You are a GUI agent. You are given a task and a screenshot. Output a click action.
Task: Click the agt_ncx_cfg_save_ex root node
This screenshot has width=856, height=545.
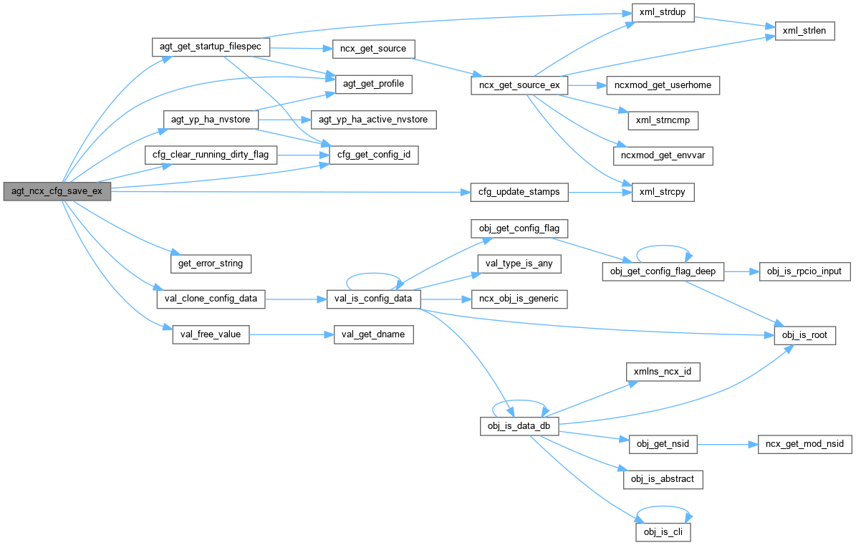[57, 192]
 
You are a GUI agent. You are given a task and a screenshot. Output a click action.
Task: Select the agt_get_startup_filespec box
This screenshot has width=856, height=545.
[211, 48]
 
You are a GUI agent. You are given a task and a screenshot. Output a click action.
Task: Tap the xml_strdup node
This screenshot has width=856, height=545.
[662, 15]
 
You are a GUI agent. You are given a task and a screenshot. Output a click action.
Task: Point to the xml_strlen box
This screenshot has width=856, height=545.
[804, 32]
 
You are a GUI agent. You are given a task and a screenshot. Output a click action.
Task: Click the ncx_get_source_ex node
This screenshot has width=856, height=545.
[519, 85]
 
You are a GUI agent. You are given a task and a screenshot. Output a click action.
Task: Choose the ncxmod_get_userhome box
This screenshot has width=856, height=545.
[662, 85]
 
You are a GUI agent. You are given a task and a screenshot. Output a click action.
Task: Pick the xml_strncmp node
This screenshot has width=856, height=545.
[662, 120]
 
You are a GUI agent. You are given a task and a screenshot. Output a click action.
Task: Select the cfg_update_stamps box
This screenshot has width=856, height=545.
[519, 192]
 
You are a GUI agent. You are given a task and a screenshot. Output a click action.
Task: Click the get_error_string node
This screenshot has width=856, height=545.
[210, 264]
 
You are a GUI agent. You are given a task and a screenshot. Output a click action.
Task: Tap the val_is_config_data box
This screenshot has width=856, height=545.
[372, 299]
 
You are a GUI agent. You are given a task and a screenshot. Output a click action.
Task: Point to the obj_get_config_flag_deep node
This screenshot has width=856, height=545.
[663, 271]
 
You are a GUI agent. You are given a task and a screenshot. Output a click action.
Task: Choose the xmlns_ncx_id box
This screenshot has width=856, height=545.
[662, 372]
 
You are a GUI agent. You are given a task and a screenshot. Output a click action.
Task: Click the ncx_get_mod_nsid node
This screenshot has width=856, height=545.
[805, 444]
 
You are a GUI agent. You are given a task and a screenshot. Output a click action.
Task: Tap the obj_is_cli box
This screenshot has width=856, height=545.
[662, 532]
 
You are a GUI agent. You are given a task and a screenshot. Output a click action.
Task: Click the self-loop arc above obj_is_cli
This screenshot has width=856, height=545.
[663, 511]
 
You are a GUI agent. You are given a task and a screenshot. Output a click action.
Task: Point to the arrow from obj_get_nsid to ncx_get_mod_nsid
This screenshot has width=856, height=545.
[728, 444]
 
